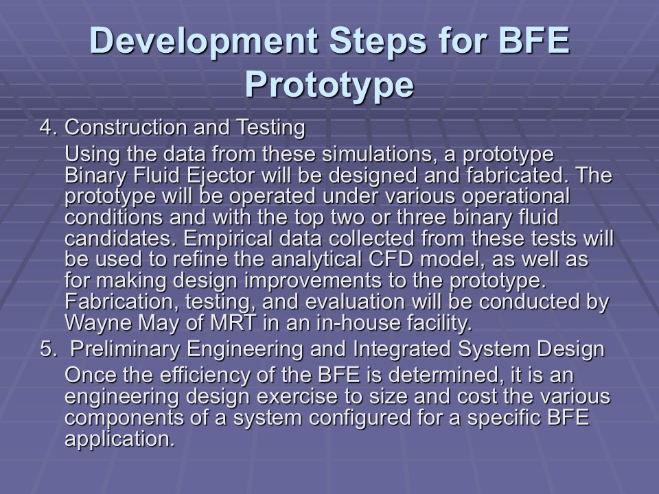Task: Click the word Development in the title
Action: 204,41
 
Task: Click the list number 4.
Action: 48,128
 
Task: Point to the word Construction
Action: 126,128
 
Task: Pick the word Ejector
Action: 220,176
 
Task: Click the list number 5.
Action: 48,349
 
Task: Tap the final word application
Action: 119,440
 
